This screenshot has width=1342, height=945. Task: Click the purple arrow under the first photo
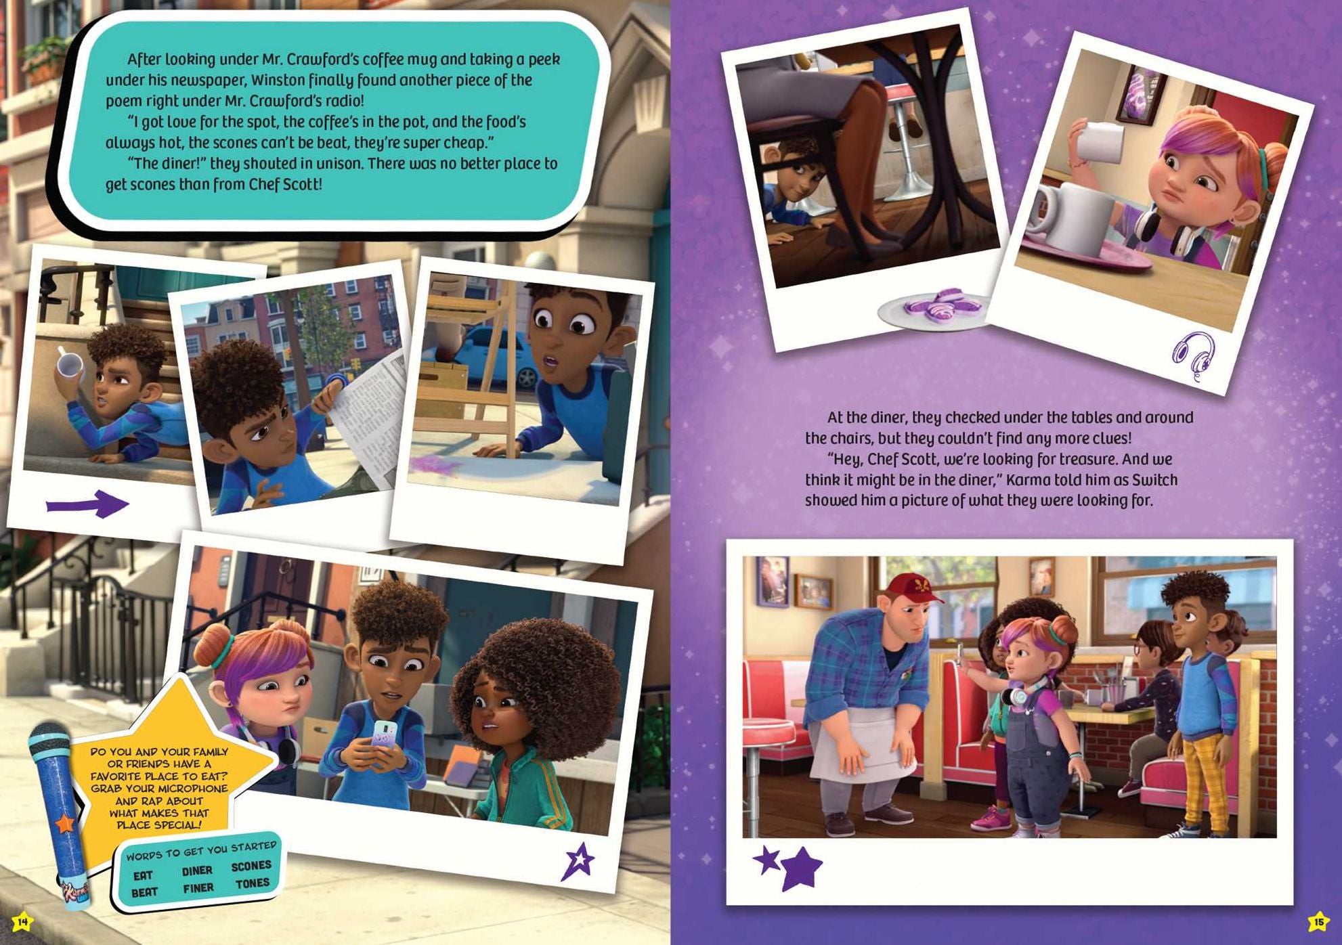pos(87,504)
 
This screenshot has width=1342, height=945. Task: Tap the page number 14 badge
pos(22,921)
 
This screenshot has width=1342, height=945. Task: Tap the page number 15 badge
pos(1318,921)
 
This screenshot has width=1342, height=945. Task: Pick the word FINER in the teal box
pos(198,887)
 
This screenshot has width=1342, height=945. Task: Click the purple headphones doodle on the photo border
pos(1194,355)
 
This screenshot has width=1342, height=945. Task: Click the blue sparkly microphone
pos(60,812)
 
